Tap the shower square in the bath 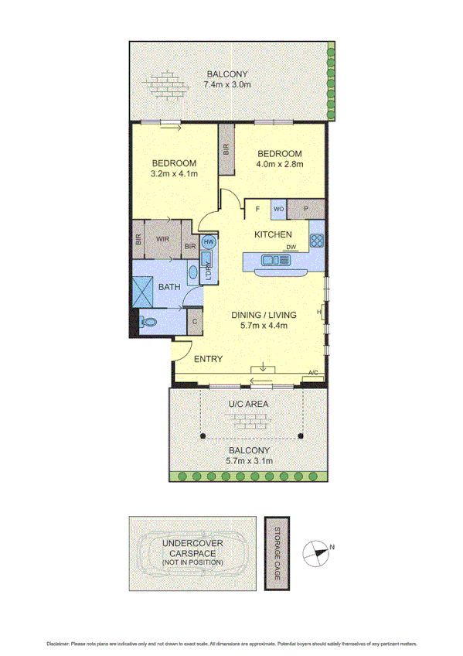tap(145, 286)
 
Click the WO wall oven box tap(279, 209)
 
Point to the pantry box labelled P tap(306, 209)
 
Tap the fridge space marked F tap(257, 209)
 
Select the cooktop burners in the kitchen tap(315, 241)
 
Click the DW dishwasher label tap(291, 248)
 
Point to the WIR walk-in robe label tap(162, 239)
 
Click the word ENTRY tap(208, 359)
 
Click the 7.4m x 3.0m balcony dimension tap(228, 84)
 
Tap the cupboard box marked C tap(195, 321)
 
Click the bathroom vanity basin tap(193, 272)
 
